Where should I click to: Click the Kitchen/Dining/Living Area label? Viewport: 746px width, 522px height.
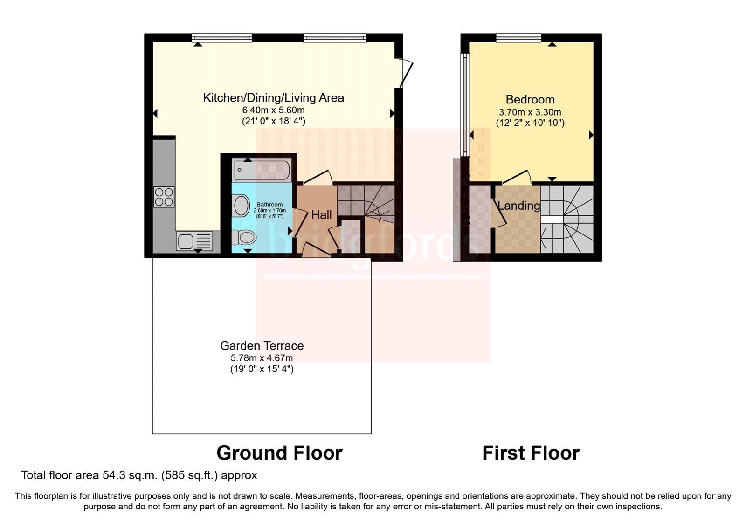(x=273, y=98)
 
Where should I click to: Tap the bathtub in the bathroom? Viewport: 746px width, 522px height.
(x=262, y=170)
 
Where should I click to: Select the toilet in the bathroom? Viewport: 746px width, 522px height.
(x=244, y=237)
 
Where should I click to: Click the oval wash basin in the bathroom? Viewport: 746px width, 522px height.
(x=241, y=206)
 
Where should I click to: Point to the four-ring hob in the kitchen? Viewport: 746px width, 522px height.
(x=164, y=196)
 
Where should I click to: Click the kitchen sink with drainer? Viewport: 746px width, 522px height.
(x=194, y=241)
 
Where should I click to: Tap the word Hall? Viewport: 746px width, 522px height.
(x=322, y=215)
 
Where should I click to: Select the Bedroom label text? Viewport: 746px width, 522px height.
(x=530, y=99)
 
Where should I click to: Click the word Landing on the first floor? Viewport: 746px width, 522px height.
(x=518, y=206)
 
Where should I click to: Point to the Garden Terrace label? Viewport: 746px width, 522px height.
(x=262, y=346)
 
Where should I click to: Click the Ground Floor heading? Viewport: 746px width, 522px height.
(x=279, y=453)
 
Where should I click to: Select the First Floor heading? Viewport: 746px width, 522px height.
(x=531, y=453)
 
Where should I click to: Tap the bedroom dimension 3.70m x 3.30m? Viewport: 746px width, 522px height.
(x=530, y=112)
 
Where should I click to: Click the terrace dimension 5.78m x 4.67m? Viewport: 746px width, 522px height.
(x=262, y=358)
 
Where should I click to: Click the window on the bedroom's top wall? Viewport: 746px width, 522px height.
(x=518, y=38)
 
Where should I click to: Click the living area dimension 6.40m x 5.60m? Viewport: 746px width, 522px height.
(x=273, y=110)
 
